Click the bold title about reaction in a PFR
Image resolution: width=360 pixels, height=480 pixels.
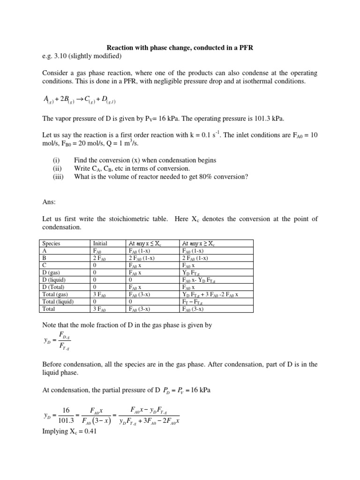pyautogui.click(x=180, y=48)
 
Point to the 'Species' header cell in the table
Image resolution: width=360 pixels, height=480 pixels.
pyautogui.click(x=52, y=243)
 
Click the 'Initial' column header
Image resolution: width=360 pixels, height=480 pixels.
pyautogui.click(x=100, y=243)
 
